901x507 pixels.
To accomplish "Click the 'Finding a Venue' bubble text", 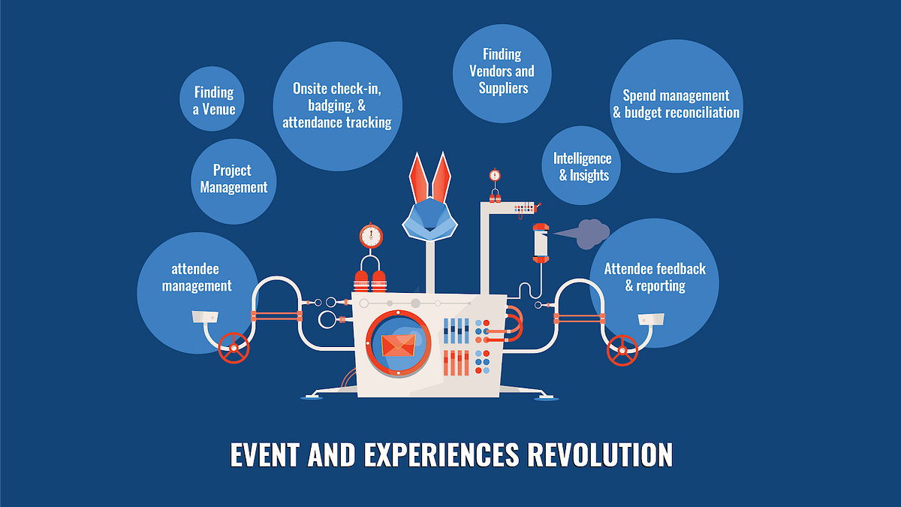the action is coord(213,101).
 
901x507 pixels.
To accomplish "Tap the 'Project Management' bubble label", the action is coord(234,178).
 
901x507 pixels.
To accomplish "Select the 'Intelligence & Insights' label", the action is coord(583,167).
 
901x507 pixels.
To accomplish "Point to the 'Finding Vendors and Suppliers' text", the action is coord(502,71).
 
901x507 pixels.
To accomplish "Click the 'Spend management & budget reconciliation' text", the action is coord(677,104).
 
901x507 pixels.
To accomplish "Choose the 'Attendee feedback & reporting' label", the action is coord(655,277).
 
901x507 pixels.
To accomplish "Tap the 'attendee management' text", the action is coord(197,277).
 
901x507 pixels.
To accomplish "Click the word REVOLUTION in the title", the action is coord(600,454).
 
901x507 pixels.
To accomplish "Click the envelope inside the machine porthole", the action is coord(398,346).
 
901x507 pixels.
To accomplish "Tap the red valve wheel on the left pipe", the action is coord(234,348).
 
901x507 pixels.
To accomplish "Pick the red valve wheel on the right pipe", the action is coord(622,351).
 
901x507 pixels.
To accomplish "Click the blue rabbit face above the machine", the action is coord(429,219).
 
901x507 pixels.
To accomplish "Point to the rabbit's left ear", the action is coord(418,178).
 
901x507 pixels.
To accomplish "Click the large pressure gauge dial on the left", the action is coord(371,236).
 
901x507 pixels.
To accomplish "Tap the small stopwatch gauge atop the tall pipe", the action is coord(495,175).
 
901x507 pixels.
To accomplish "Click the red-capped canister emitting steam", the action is coord(541,243).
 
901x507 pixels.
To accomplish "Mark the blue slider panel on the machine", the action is coord(457,330).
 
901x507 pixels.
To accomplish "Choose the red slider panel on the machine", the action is coord(457,363).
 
